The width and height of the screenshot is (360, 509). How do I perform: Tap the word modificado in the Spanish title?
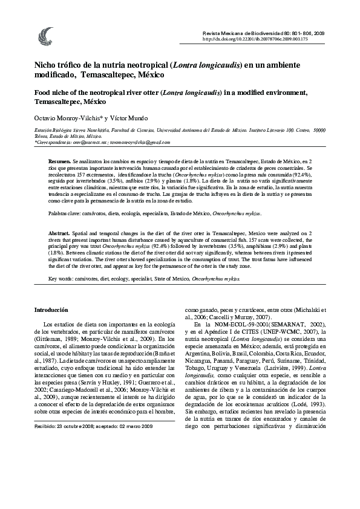[x=56, y=76]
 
